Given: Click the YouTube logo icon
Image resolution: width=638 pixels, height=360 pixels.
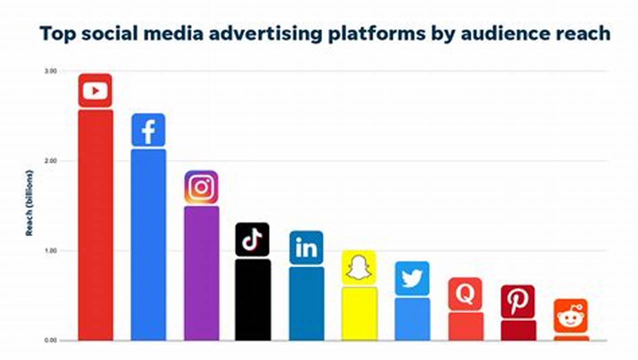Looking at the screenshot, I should pyautogui.click(x=95, y=90).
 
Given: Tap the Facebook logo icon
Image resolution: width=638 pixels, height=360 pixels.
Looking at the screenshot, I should pyautogui.click(x=148, y=130).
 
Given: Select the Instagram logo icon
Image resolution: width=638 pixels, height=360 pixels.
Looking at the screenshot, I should pyautogui.click(x=201, y=187).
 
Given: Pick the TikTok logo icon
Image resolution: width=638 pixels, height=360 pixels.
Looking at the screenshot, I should pyautogui.click(x=252, y=239).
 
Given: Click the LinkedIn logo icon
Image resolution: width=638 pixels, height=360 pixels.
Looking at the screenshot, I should pyautogui.click(x=306, y=247).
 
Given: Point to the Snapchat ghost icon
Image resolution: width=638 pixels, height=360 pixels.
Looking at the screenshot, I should pyautogui.click(x=359, y=267).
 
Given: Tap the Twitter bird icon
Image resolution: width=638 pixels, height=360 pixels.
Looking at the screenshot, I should pyautogui.click(x=412, y=278).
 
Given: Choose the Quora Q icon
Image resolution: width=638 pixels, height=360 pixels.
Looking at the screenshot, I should pyautogui.click(x=465, y=294).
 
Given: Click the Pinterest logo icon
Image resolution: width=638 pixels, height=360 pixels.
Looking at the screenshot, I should pyautogui.click(x=518, y=301).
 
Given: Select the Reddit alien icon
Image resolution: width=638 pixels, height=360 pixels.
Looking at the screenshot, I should pyautogui.click(x=571, y=316).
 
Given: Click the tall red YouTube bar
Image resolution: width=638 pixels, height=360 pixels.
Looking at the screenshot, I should pyautogui.click(x=96, y=225).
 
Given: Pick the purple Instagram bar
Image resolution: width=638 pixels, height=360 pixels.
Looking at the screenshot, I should pyautogui.click(x=201, y=273).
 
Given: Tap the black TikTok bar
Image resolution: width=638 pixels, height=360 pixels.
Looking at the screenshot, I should pyautogui.click(x=253, y=299).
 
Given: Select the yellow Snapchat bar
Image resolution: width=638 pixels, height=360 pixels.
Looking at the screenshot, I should pyautogui.click(x=359, y=314).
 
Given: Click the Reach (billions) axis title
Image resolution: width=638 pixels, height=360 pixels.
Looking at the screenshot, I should pyautogui.click(x=30, y=202).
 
